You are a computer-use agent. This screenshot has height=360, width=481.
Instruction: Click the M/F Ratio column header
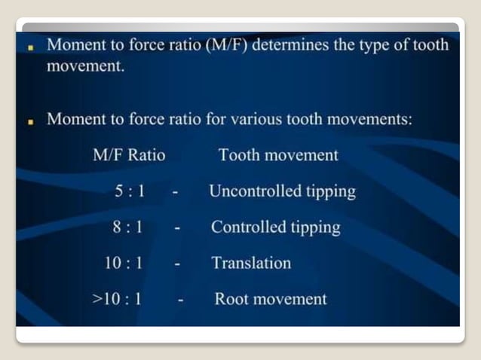(129, 156)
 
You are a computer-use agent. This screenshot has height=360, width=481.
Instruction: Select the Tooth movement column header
(278, 156)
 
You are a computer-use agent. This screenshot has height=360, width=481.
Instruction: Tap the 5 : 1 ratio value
(130, 191)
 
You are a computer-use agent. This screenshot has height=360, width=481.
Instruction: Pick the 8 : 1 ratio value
(129, 227)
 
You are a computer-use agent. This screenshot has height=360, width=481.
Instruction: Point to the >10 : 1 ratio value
(118, 299)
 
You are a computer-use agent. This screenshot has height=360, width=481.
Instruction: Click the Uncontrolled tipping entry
(282, 191)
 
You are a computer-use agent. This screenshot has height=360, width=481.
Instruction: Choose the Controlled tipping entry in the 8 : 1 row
(275, 227)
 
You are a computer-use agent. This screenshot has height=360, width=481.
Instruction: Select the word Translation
(251, 263)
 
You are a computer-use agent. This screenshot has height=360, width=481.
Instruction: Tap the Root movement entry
(271, 299)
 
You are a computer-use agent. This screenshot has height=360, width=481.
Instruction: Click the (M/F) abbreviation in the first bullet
(227, 44)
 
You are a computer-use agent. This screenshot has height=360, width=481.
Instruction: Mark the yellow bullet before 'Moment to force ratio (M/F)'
(32, 45)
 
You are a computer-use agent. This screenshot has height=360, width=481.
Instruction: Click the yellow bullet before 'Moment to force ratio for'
(32, 121)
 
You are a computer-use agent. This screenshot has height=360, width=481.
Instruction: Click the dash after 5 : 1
(174, 193)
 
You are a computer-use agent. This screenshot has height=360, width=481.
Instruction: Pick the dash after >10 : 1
(181, 301)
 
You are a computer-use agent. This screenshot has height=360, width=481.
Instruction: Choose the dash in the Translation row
(177, 264)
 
